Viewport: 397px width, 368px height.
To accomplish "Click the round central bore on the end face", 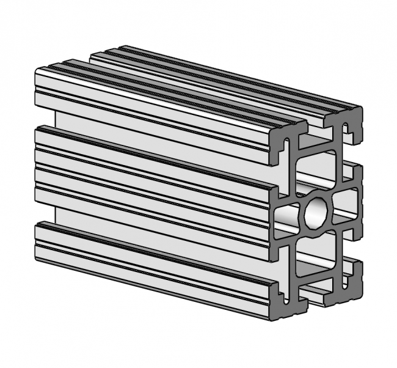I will click(x=316, y=212).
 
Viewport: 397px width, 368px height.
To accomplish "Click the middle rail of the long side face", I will click(x=153, y=183).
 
